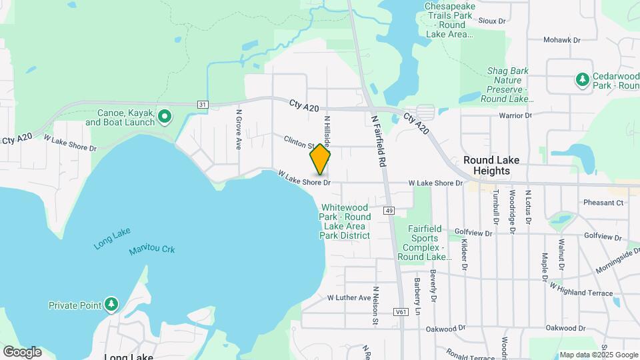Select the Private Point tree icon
[111, 305]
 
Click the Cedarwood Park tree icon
[583, 79]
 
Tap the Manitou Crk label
[152, 250]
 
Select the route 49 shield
[389, 211]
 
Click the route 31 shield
[203, 104]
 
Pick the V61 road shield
[401, 311]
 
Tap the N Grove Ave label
[237, 129]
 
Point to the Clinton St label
[299, 142]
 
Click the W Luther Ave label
[348, 297]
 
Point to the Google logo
[22, 351]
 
